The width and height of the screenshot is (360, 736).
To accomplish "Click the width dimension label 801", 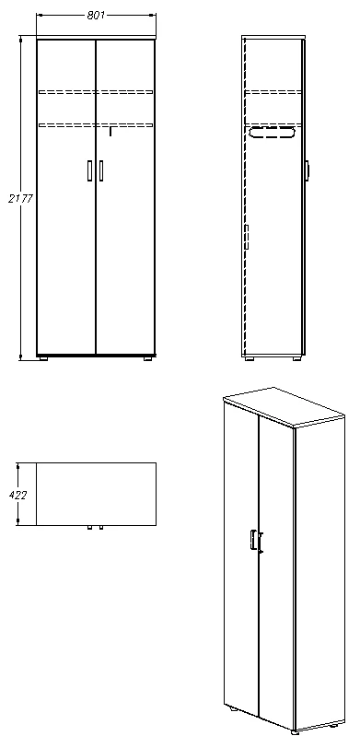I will coord(95,16).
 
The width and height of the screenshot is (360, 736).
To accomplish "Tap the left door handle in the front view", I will coord(89,170).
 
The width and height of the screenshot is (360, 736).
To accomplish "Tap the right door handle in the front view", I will coord(100,170).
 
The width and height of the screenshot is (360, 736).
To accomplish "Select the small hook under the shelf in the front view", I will coord(110,132).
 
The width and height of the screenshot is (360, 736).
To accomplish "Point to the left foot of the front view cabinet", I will coord(44,358).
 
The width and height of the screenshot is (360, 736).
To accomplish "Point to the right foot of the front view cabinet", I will coord(146,358).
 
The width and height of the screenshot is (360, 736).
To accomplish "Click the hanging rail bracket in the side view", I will coord(273,134).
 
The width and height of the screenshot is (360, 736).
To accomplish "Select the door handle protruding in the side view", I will coord(307,169).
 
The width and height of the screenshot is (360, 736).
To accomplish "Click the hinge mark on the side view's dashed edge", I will coord(247,238).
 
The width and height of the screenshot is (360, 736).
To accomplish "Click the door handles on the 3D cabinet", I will coord(256,543).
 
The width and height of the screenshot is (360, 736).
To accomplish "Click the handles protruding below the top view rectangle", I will coord(94,529).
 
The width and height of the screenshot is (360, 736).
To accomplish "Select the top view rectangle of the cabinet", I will coord(96,494).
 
